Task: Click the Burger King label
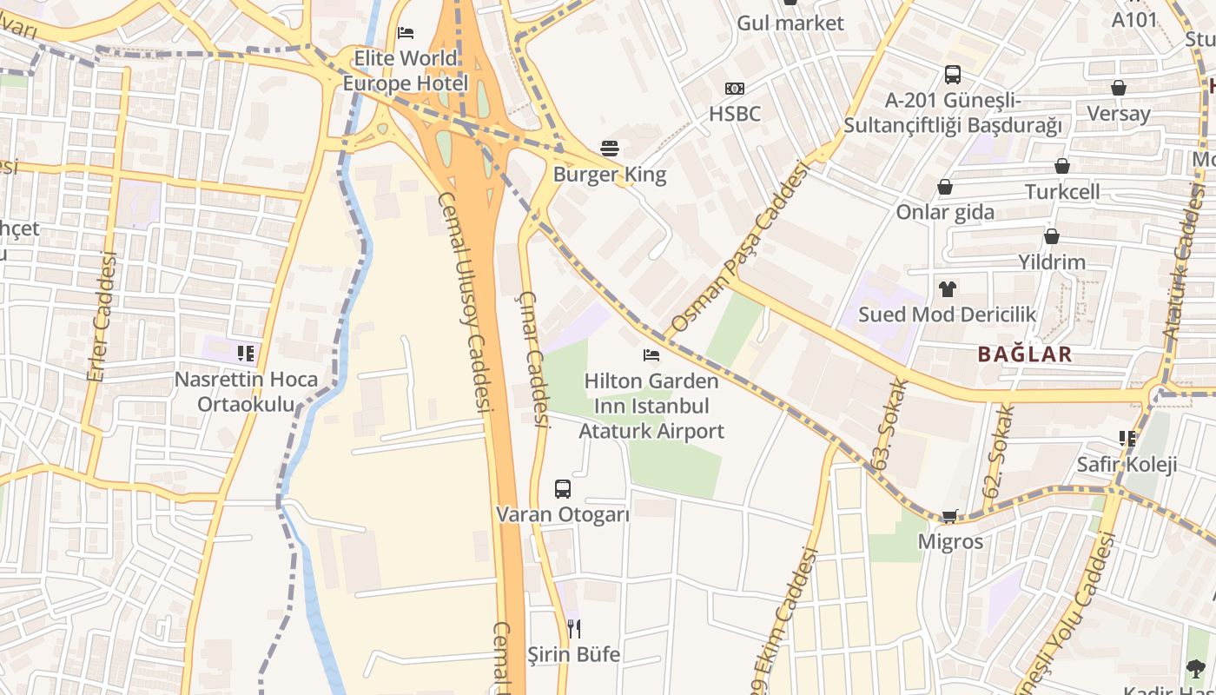[610, 175]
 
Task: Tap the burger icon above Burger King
[610, 149]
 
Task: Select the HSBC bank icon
[734, 89]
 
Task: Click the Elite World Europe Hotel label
[405, 71]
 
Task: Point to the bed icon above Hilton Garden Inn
[651, 354]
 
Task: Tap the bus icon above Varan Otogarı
[563, 488]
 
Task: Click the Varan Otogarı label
[563, 514]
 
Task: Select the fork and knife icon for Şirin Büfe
[573, 628]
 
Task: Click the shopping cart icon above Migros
[950, 516]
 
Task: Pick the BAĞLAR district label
[1025, 354]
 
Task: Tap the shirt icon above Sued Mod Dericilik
[947, 288]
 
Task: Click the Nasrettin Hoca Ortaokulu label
[246, 393]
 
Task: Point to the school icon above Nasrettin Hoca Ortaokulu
[246, 353]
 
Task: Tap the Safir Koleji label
[1127, 465]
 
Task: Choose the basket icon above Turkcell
[1061, 166]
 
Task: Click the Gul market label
[790, 23]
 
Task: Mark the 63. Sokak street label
[892, 424]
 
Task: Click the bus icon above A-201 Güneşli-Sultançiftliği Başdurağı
[953, 75]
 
